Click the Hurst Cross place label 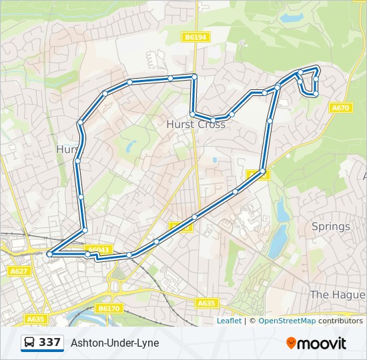[x=196, y=125]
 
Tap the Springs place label [x=330, y=227]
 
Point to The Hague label [x=338, y=295]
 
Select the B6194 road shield [x=196, y=38]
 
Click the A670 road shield [x=340, y=108]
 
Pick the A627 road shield [x=19, y=271]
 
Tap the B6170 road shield [x=108, y=309]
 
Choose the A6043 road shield [x=98, y=250]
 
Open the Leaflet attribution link [x=229, y=321]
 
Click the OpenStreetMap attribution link [x=287, y=321]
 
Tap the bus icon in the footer [x=30, y=343]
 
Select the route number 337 [x=50, y=343]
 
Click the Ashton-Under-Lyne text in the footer [x=115, y=343]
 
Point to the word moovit [x=322, y=343]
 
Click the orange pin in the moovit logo [x=291, y=343]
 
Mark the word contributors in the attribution [x=340, y=321]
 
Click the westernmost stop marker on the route [x=49, y=254]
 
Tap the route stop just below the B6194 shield [x=194, y=77]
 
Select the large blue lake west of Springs [x=278, y=237]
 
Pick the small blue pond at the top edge [x=292, y=17]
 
